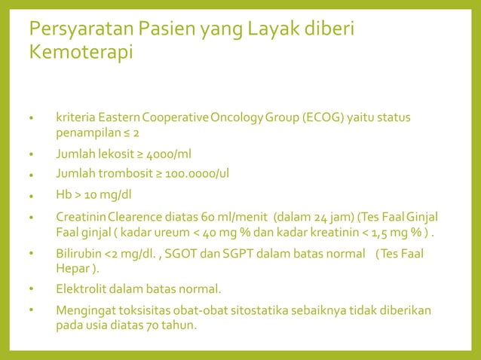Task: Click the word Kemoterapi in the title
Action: (x=80, y=53)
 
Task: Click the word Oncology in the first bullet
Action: (x=237, y=119)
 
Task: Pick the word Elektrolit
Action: (x=81, y=289)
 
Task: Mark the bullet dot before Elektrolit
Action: (x=32, y=289)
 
